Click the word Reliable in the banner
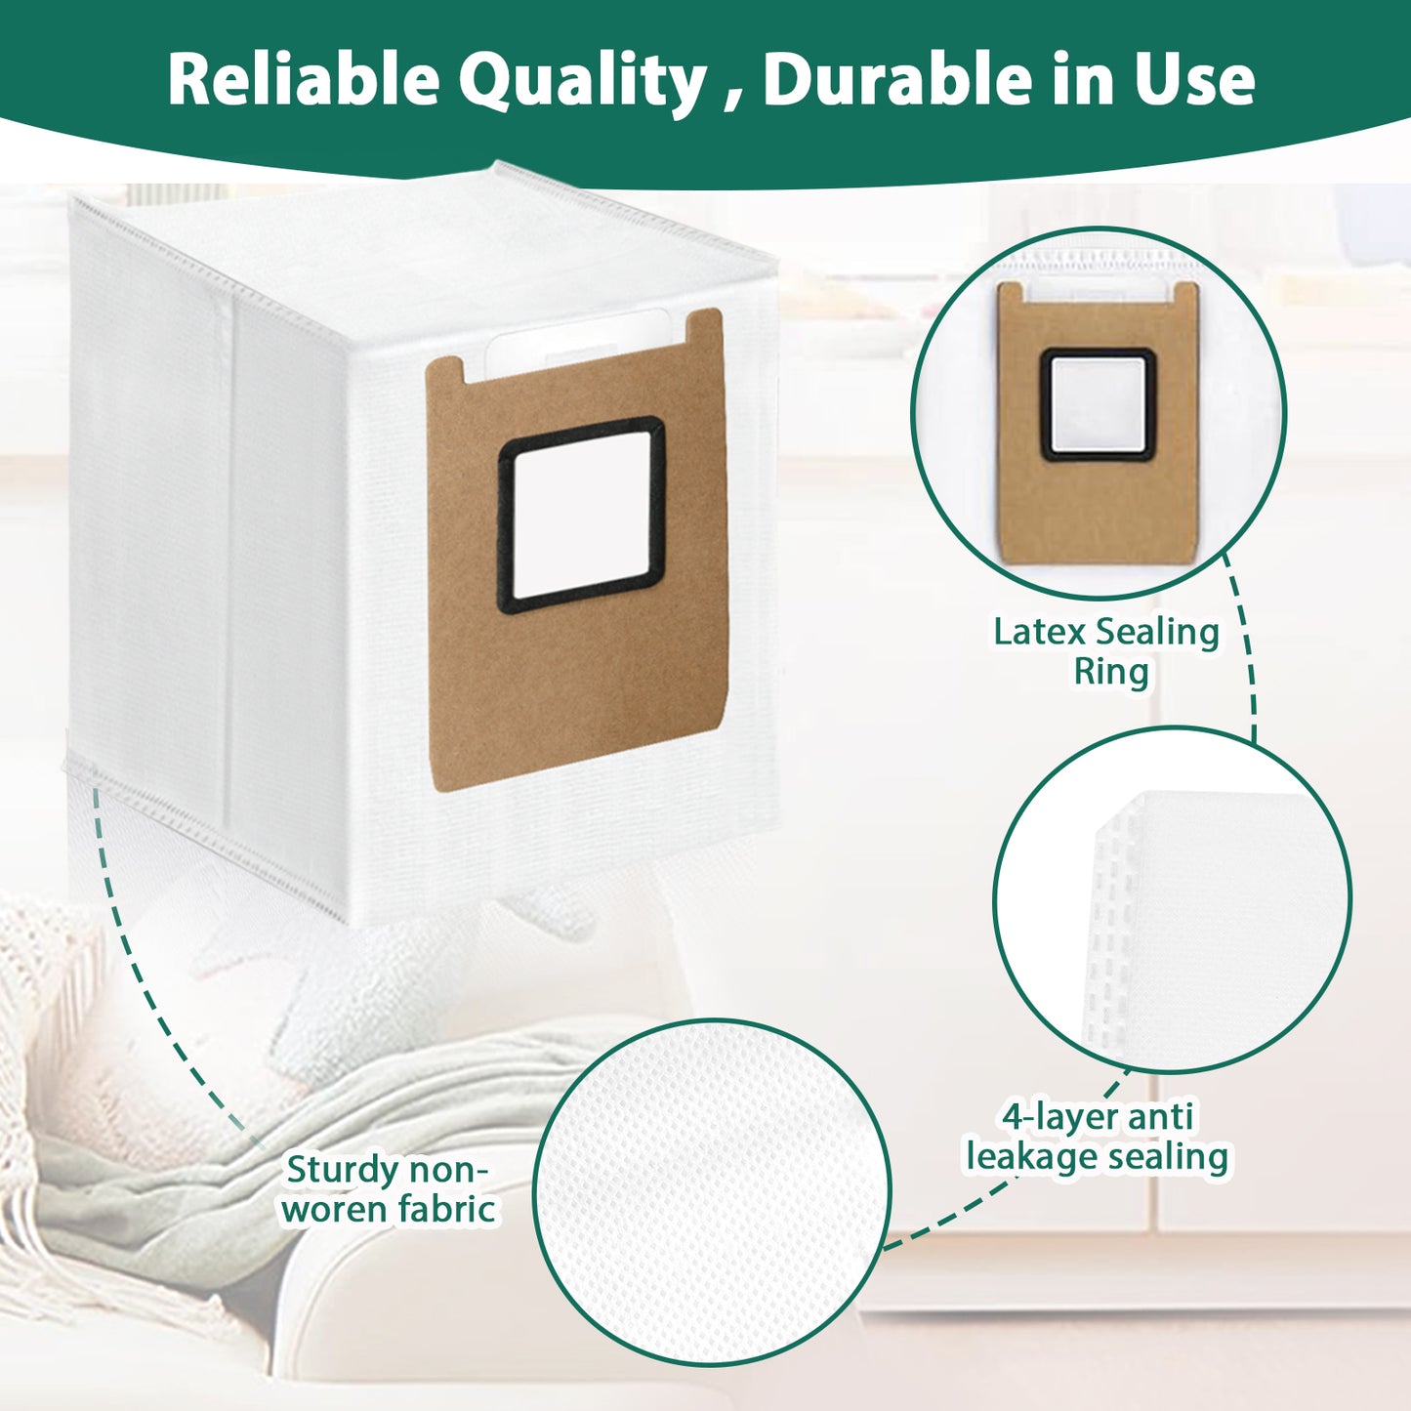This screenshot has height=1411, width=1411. click(304, 79)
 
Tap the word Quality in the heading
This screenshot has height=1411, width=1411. click(583, 81)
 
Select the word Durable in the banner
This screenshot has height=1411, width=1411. click(882, 79)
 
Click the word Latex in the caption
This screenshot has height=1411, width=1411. click(1039, 632)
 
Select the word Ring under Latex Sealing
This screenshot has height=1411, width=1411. click(1111, 672)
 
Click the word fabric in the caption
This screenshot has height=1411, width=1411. click(445, 1209)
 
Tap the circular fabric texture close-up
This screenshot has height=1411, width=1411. click(712, 1191)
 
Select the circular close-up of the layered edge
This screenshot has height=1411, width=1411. click(1172, 898)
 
